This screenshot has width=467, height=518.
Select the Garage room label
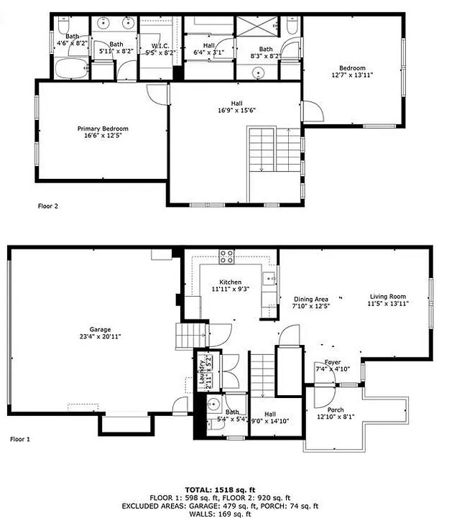(90, 330)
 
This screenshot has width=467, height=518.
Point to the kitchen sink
(272, 279)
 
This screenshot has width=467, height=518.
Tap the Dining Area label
(311, 299)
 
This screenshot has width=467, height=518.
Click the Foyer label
(332, 362)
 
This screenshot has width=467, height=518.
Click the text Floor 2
(47, 206)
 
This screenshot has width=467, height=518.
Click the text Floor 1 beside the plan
(20, 438)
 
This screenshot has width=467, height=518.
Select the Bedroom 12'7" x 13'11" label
(352, 71)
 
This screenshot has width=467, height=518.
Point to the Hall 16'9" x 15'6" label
(236, 106)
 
